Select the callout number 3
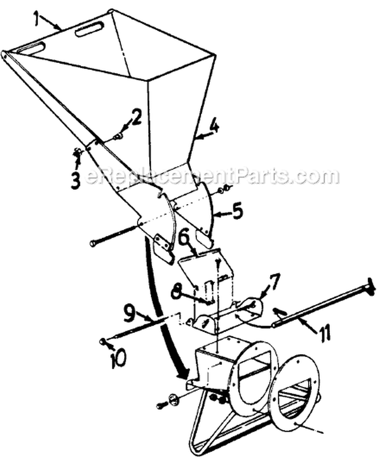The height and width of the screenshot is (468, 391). tap(76, 180)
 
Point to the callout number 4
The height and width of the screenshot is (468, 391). tap(214, 125)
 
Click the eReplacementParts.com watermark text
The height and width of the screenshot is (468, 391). tap(212, 176)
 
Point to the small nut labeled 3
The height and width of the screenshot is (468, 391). tap(78, 153)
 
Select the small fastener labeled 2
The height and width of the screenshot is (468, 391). tap(118, 137)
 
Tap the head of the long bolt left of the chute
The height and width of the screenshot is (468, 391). tap(93, 244)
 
